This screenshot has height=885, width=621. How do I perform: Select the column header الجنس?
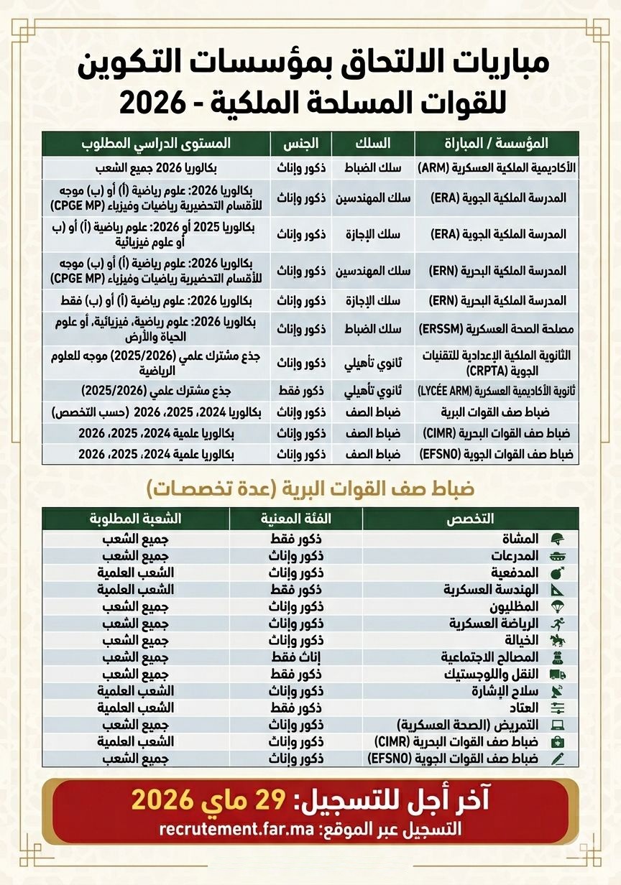click(300, 142)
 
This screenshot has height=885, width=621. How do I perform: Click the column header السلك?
click(373, 142)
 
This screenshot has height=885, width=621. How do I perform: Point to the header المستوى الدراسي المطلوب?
click(156, 142)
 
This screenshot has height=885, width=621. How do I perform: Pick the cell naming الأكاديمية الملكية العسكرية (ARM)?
click(497, 169)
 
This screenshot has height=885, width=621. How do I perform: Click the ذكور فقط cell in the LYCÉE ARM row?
click(300, 391)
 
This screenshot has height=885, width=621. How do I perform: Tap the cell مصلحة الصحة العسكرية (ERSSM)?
click(497, 330)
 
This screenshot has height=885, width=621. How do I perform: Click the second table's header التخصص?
click(471, 519)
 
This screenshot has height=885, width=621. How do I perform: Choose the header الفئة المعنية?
click(295, 519)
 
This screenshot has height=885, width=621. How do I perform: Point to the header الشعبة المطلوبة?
click(136, 519)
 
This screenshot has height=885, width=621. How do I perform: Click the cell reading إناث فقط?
click(295, 657)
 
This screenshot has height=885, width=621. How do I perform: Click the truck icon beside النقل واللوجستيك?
click(557, 675)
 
